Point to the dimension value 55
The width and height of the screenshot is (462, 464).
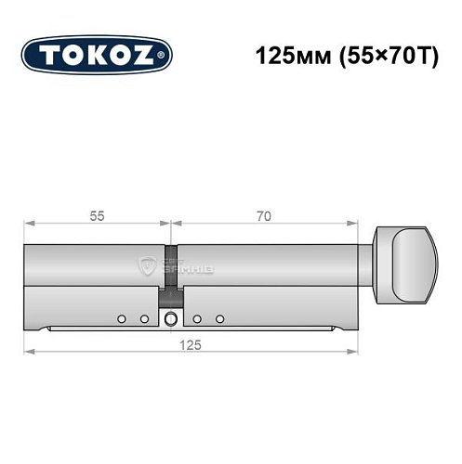coord(97,215)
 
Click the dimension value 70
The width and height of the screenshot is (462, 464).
coord(263,215)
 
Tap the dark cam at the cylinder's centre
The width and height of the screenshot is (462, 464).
coord(172,278)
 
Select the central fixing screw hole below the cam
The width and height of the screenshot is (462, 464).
coord(172,320)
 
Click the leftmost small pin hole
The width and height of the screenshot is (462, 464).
coord(122,319)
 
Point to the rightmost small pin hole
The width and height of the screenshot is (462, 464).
coord(220,319)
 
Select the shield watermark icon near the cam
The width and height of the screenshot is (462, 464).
coord(146,266)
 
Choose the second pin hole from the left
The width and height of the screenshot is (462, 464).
coord(144,319)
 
